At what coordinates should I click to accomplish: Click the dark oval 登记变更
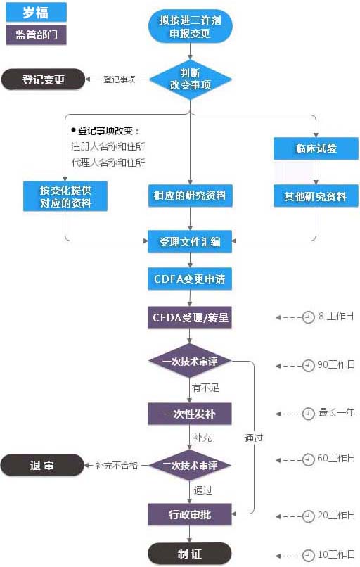click(44, 79)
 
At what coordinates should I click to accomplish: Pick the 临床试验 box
click(316, 148)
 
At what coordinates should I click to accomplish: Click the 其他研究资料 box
click(316, 196)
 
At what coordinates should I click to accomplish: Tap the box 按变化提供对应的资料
click(65, 196)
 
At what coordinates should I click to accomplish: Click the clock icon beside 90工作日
click(308, 365)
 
